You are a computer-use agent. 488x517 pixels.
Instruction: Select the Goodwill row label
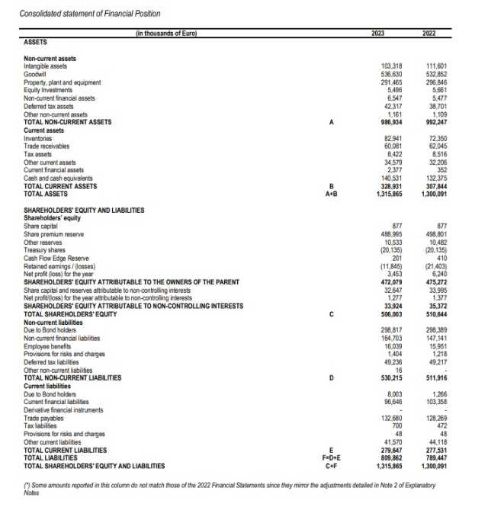[x=37, y=76]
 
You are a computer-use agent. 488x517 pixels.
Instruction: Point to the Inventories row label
[x=40, y=137]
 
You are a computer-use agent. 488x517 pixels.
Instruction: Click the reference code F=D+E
[x=330, y=458]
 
